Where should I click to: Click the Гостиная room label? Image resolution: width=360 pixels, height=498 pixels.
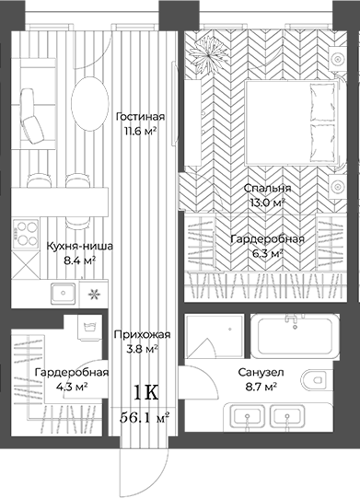click(140, 117)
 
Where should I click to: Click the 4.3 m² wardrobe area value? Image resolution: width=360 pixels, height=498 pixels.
click(71, 388)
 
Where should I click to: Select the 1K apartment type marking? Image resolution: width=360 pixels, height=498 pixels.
click(145, 392)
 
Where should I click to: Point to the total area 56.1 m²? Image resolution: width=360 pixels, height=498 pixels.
click(146, 417)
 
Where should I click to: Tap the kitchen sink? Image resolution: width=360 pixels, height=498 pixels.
click(64, 294)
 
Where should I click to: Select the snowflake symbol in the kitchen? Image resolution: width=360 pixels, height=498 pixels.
click(92, 295)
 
